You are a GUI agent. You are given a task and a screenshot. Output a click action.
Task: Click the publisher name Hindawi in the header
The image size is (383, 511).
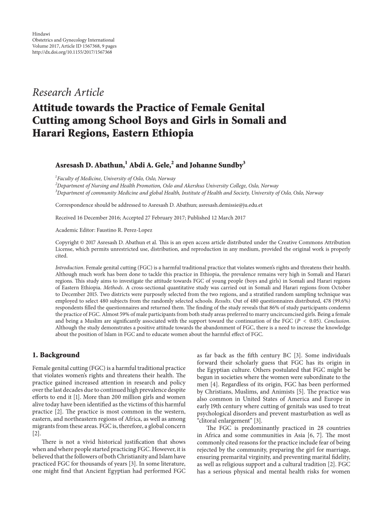point(40,34)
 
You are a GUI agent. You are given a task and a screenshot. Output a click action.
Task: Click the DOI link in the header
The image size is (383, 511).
point(72,52)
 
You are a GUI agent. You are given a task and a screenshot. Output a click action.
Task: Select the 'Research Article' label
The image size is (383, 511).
point(68,93)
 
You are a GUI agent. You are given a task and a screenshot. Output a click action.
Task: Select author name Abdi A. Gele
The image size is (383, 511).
point(149,165)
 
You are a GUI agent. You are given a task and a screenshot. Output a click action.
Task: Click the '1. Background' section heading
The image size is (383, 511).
point(56,355)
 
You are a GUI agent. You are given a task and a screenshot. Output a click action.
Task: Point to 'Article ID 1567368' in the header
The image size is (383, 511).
point(73,46)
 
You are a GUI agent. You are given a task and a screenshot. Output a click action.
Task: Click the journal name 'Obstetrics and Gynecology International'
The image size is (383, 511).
point(73,40)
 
